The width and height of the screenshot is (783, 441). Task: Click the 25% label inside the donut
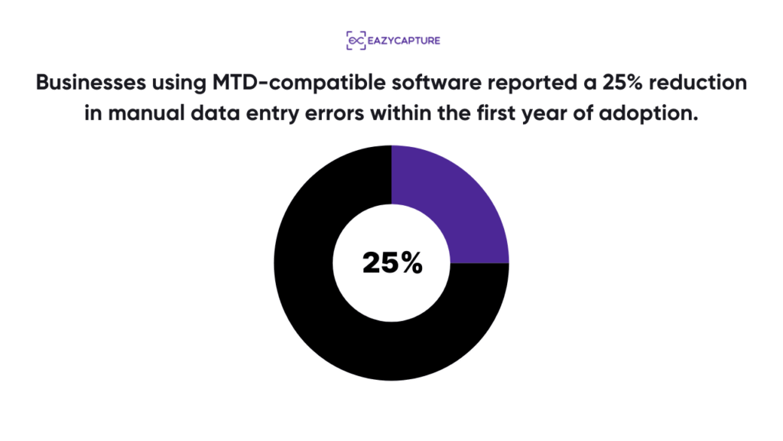391,263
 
